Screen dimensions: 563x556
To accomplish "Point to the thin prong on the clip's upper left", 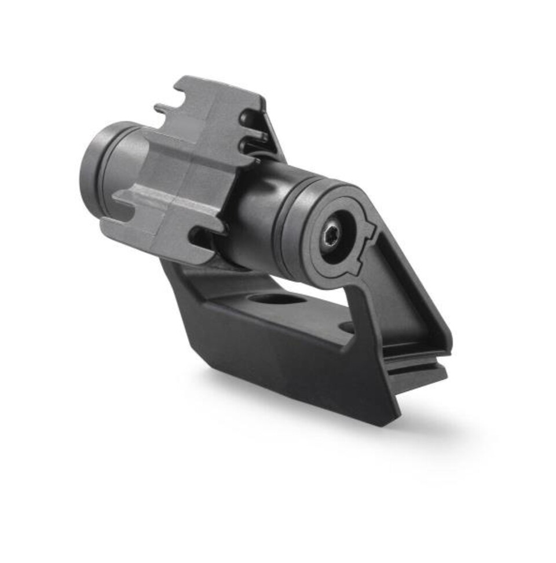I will point(164,108).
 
